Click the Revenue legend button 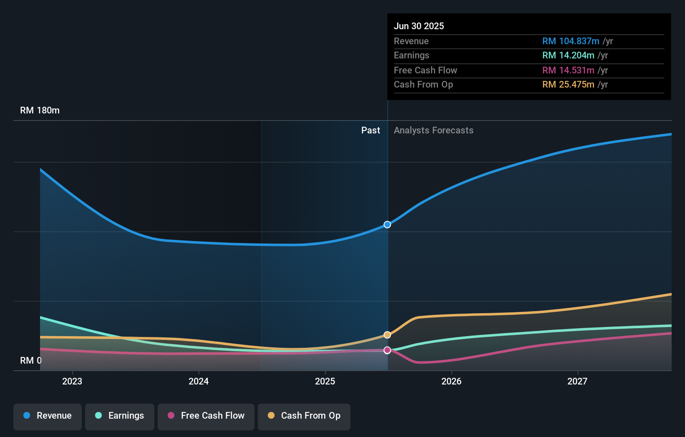48,416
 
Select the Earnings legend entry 120,416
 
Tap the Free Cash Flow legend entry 206,416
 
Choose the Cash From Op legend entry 304,416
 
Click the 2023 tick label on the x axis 72,381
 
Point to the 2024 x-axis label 199,381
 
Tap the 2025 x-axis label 325,381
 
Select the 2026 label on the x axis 451,381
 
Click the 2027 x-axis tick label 577,381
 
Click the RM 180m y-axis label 40,111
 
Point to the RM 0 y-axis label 31,360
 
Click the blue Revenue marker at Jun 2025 387,225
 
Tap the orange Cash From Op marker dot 387,335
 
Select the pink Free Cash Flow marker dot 387,350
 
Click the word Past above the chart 370,131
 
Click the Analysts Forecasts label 433,131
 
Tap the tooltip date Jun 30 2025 419,26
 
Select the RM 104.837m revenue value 570,41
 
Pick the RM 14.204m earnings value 568,55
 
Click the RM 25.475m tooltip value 568,85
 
